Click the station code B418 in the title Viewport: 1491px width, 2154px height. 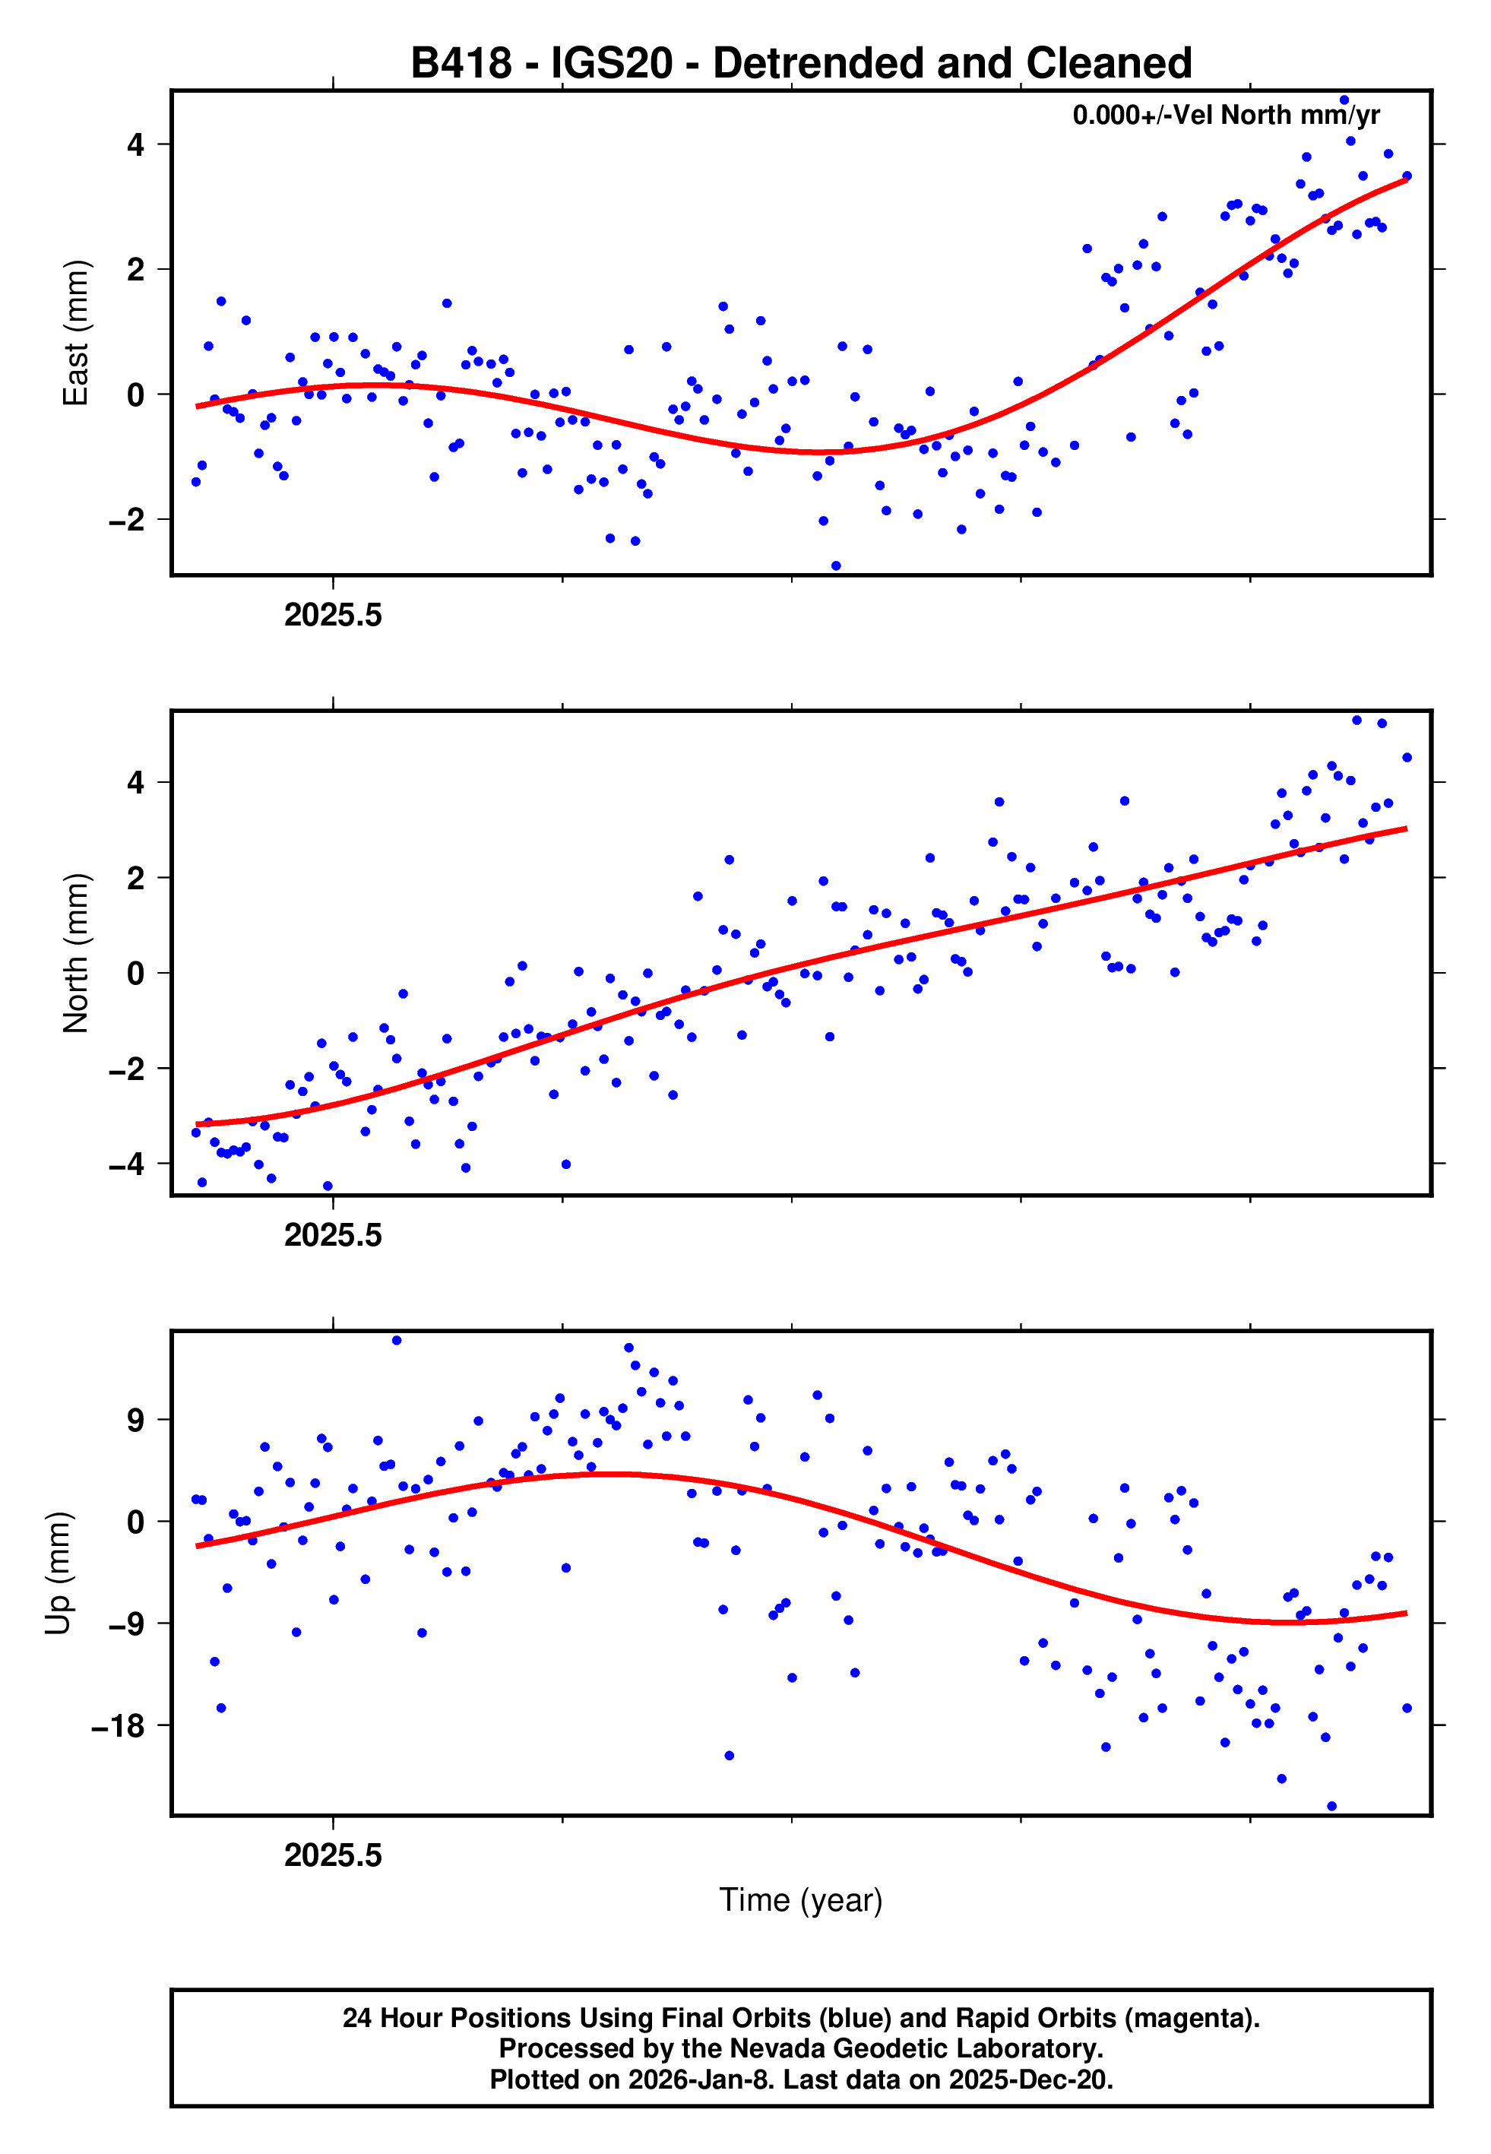coord(461,64)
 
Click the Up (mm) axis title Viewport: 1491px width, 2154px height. coord(58,1573)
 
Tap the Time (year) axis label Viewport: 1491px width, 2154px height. coord(801,1900)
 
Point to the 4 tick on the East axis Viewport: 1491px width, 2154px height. coord(136,144)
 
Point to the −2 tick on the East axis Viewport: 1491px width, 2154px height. coord(127,519)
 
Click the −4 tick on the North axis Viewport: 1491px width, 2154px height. coord(127,1164)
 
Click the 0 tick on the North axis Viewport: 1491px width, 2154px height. coord(136,974)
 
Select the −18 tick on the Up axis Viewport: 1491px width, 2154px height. coord(119,1726)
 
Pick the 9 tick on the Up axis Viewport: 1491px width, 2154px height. coord(136,1420)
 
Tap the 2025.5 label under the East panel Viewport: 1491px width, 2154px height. coord(334,616)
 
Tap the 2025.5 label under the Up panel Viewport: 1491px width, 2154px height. coord(334,1855)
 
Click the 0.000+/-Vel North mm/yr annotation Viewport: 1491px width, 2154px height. coord(1226,115)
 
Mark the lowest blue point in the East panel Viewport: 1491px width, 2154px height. coord(835,566)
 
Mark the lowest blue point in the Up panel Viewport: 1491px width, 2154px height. coord(1331,1807)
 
